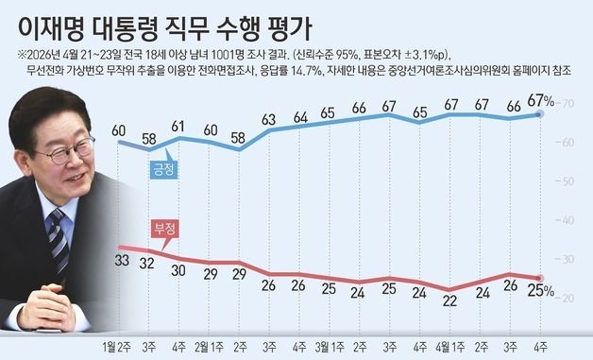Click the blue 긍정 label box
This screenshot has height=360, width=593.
164,170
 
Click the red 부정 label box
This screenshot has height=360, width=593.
163,230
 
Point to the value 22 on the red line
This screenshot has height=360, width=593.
450,301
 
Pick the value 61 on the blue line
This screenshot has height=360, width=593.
179,126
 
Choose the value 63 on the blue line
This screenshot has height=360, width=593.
269,119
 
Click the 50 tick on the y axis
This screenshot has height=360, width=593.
568,180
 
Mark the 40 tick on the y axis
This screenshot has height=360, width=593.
568,220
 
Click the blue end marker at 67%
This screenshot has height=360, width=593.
537,113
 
